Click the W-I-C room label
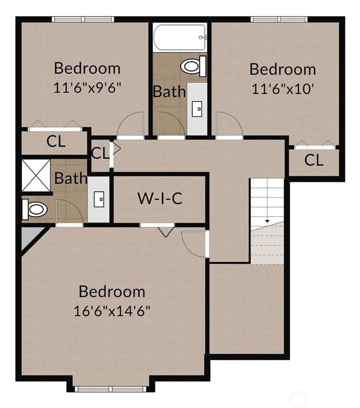click(160, 198)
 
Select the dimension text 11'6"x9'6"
click(88, 87)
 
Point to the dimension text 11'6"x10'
click(282, 88)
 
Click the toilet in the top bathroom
click(192, 68)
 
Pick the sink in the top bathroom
click(197, 109)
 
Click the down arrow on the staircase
click(268, 221)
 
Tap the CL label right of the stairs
click(314, 161)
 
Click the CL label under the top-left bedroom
click(56, 141)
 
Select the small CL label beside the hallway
click(100, 153)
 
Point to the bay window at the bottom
click(112, 389)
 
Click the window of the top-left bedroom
click(83, 19)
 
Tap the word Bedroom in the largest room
click(112, 292)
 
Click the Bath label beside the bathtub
click(169, 91)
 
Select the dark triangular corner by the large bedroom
click(27, 237)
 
